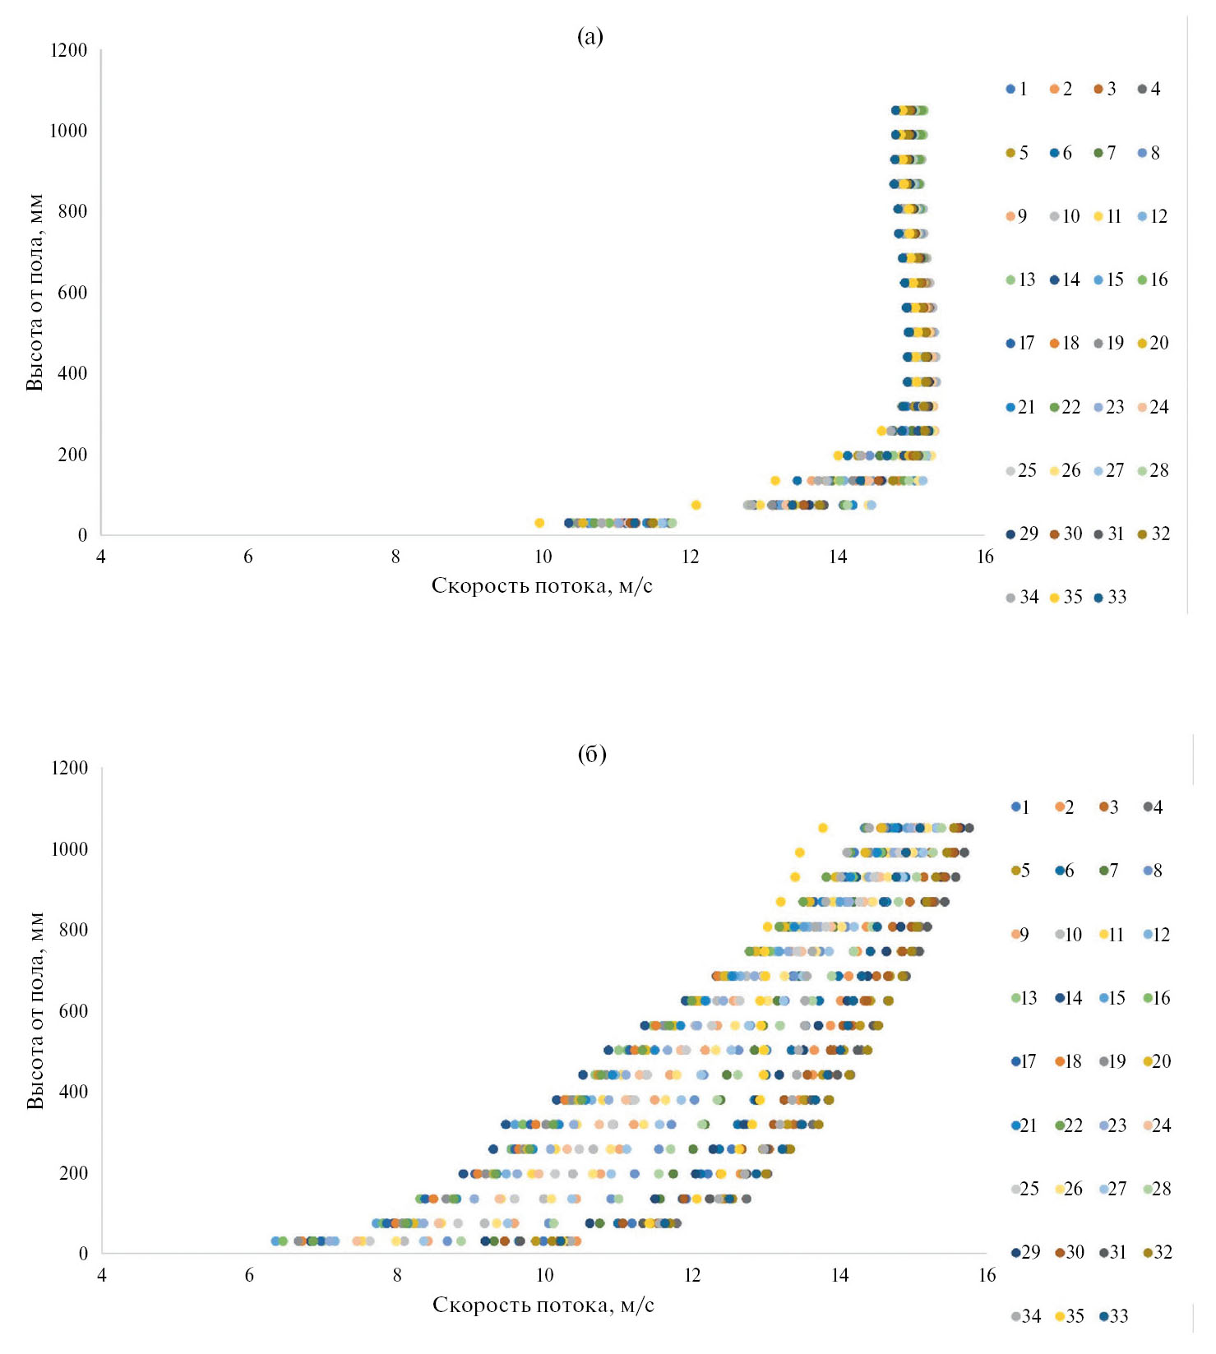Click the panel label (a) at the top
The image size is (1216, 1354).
(590, 37)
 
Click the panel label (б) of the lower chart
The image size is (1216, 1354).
(592, 755)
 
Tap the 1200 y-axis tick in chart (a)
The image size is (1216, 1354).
(68, 51)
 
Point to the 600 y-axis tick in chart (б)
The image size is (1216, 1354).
(72, 1011)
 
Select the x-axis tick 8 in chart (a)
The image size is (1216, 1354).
(395, 557)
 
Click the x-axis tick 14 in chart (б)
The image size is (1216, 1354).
(839, 1275)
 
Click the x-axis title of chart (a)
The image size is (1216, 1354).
(542, 585)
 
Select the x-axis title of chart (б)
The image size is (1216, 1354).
(543, 1305)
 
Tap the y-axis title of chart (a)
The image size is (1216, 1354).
(35, 293)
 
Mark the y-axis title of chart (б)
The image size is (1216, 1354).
(35, 1010)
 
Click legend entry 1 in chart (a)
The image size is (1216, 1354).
(1016, 89)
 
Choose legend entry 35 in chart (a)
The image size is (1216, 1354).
(1066, 597)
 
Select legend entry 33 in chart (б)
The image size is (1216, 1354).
(1112, 1316)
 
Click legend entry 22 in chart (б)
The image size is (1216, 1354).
(1066, 1125)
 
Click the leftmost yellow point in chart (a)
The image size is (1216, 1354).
(539, 523)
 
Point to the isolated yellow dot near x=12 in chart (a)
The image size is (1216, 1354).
(696, 505)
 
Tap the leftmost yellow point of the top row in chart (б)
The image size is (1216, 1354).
(822, 828)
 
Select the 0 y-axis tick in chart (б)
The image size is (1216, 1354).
(82, 1254)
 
